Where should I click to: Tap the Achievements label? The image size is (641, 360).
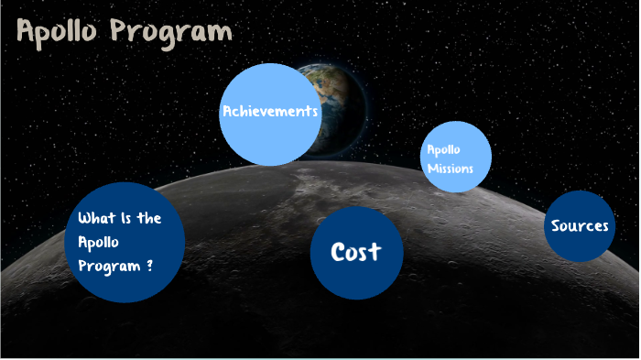click(x=270, y=112)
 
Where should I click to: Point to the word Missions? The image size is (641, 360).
click(x=450, y=169)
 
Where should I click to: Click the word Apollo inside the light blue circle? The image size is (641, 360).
click(x=443, y=149)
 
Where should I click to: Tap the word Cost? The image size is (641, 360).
click(x=355, y=251)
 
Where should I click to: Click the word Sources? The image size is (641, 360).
click(x=580, y=225)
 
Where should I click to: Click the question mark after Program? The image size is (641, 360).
click(x=149, y=267)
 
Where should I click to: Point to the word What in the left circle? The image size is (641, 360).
click(x=95, y=218)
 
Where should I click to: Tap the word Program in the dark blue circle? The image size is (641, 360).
click(x=109, y=267)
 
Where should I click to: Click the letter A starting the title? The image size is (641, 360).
click(x=27, y=32)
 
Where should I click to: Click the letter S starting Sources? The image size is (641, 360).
click(x=556, y=225)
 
